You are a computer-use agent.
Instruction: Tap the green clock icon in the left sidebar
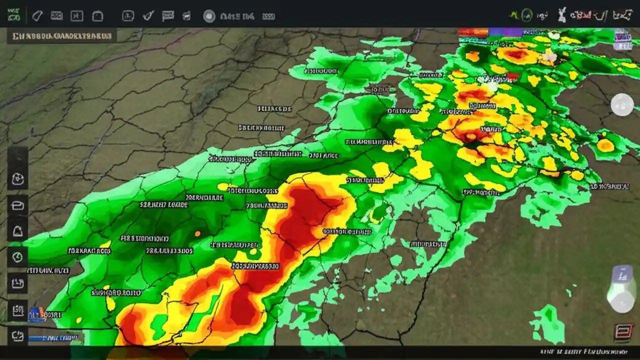(x=17, y=257)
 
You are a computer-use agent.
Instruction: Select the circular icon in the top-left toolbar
(x=209, y=16)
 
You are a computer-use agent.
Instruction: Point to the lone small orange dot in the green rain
(x=197, y=233)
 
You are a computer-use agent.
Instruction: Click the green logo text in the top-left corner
(x=13, y=16)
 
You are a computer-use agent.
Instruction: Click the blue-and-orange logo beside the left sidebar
(x=36, y=314)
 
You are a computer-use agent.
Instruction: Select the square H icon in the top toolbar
(x=76, y=16)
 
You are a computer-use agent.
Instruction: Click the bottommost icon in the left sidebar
(x=17, y=336)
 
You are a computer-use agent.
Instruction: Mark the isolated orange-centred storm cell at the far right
(x=605, y=145)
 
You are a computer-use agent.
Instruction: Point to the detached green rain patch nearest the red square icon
(x=547, y=324)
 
